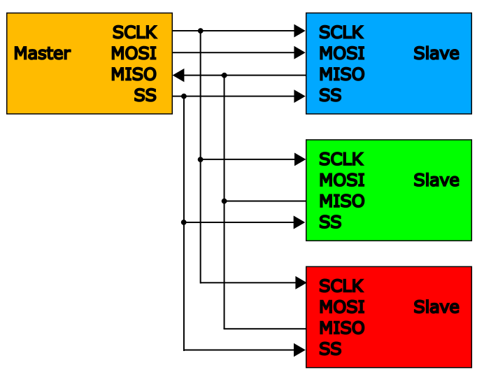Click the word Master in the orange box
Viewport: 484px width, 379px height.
[42, 53]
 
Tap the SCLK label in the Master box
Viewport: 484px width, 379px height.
[134, 32]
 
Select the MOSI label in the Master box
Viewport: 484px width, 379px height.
[133, 53]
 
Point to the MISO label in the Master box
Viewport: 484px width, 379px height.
[133, 74]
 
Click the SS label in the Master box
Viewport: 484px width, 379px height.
[145, 96]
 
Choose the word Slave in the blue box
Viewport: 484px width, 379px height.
[436, 53]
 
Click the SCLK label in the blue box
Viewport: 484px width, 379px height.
[341, 32]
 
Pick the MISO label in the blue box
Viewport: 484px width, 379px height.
[342, 74]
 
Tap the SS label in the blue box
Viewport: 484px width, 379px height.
[330, 96]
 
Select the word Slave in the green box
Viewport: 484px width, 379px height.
[436, 180]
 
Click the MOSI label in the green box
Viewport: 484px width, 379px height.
[342, 180]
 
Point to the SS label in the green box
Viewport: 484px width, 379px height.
[330, 222]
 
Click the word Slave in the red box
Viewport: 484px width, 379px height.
[436, 307]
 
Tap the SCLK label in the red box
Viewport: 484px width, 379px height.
[341, 286]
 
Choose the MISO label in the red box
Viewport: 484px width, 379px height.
[342, 328]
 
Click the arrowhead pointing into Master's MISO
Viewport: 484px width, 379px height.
[178, 75]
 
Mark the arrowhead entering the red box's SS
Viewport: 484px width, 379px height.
[300, 350]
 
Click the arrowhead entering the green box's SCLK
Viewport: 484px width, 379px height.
[300, 159]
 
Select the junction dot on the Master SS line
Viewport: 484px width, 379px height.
[184, 96]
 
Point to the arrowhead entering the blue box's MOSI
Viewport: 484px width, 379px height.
[300, 52]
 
